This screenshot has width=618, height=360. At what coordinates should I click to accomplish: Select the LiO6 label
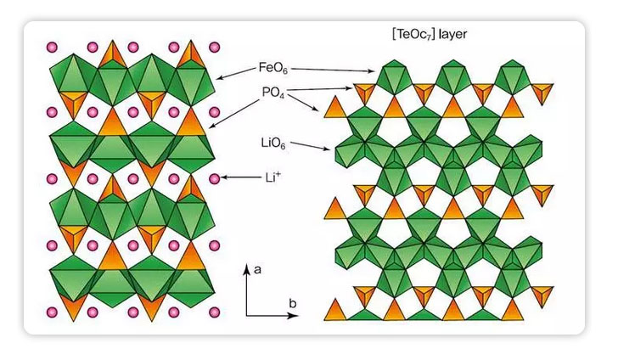[x=272, y=143]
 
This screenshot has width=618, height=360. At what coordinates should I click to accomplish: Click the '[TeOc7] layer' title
[x=427, y=35]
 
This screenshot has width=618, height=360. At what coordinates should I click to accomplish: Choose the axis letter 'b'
[x=293, y=302]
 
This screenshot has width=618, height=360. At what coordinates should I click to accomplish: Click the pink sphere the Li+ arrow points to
[x=214, y=178]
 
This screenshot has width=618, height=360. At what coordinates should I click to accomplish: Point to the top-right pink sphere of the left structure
[x=214, y=47]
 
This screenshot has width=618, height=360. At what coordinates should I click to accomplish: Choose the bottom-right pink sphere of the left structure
[x=214, y=311]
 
